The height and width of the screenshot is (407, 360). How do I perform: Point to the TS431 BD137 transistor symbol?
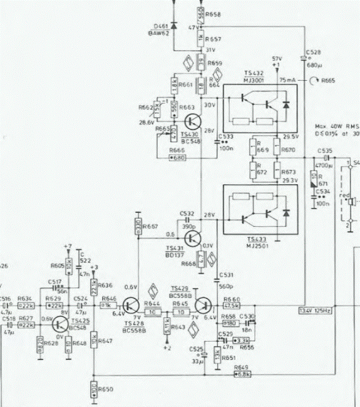point(193,237)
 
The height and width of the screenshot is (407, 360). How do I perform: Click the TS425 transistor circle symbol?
point(61,324)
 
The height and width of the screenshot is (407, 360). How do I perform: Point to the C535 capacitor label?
point(325,151)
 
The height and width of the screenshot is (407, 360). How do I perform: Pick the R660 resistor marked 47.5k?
point(232,305)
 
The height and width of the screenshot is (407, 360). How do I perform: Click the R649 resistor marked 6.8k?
point(242,375)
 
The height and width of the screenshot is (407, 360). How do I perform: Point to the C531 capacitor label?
point(227,275)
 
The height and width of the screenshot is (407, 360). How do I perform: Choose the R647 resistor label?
point(105,340)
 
